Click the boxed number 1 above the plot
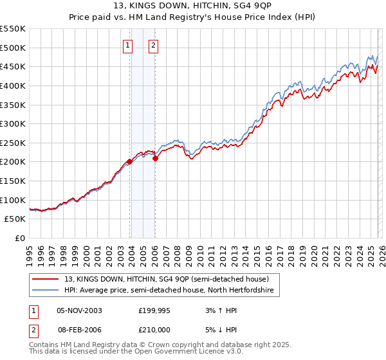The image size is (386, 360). (128, 45)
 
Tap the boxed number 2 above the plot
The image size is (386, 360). (154, 45)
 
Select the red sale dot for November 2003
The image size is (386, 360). (130, 162)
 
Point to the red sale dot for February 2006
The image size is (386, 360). (155, 158)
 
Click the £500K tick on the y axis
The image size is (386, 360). (13, 48)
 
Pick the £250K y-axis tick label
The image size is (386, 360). (13, 143)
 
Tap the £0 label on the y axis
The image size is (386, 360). (19, 239)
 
